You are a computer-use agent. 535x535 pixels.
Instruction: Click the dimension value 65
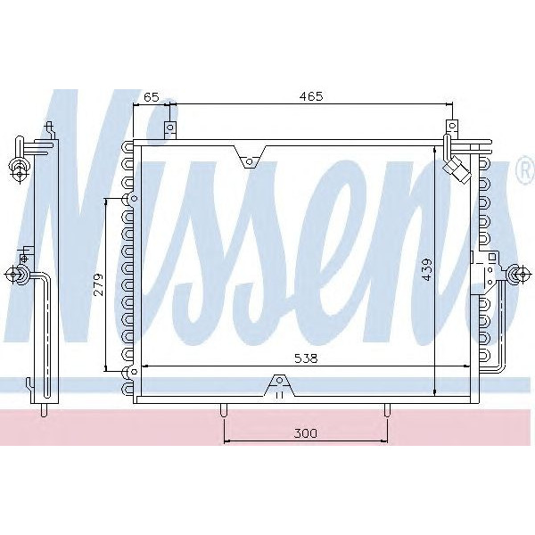[x=152, y=95]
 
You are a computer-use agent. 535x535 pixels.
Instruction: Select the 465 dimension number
[x=310, y=95]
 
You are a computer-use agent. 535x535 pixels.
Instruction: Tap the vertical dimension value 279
[x=99, y=284]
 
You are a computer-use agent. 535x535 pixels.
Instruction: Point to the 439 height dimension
[x=427, y=270]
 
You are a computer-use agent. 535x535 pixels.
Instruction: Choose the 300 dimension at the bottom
[x=305, y=433]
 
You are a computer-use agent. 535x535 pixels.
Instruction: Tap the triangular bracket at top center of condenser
[x=251, y=159]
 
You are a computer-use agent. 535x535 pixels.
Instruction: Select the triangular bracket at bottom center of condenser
[x=278, y=387]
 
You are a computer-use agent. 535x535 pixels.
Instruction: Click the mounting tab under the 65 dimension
[x=169, y=130]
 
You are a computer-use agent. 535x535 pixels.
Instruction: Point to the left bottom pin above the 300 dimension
[x=223, y=410]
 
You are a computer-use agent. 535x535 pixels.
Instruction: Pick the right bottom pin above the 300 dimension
[x=387, y=410]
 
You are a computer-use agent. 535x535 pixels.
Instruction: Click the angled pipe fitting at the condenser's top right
[x=457, y=169]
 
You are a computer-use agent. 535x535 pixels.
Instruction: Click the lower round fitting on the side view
[x=19, y=275]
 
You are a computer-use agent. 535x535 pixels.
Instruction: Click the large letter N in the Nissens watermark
[x=85, y=223]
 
